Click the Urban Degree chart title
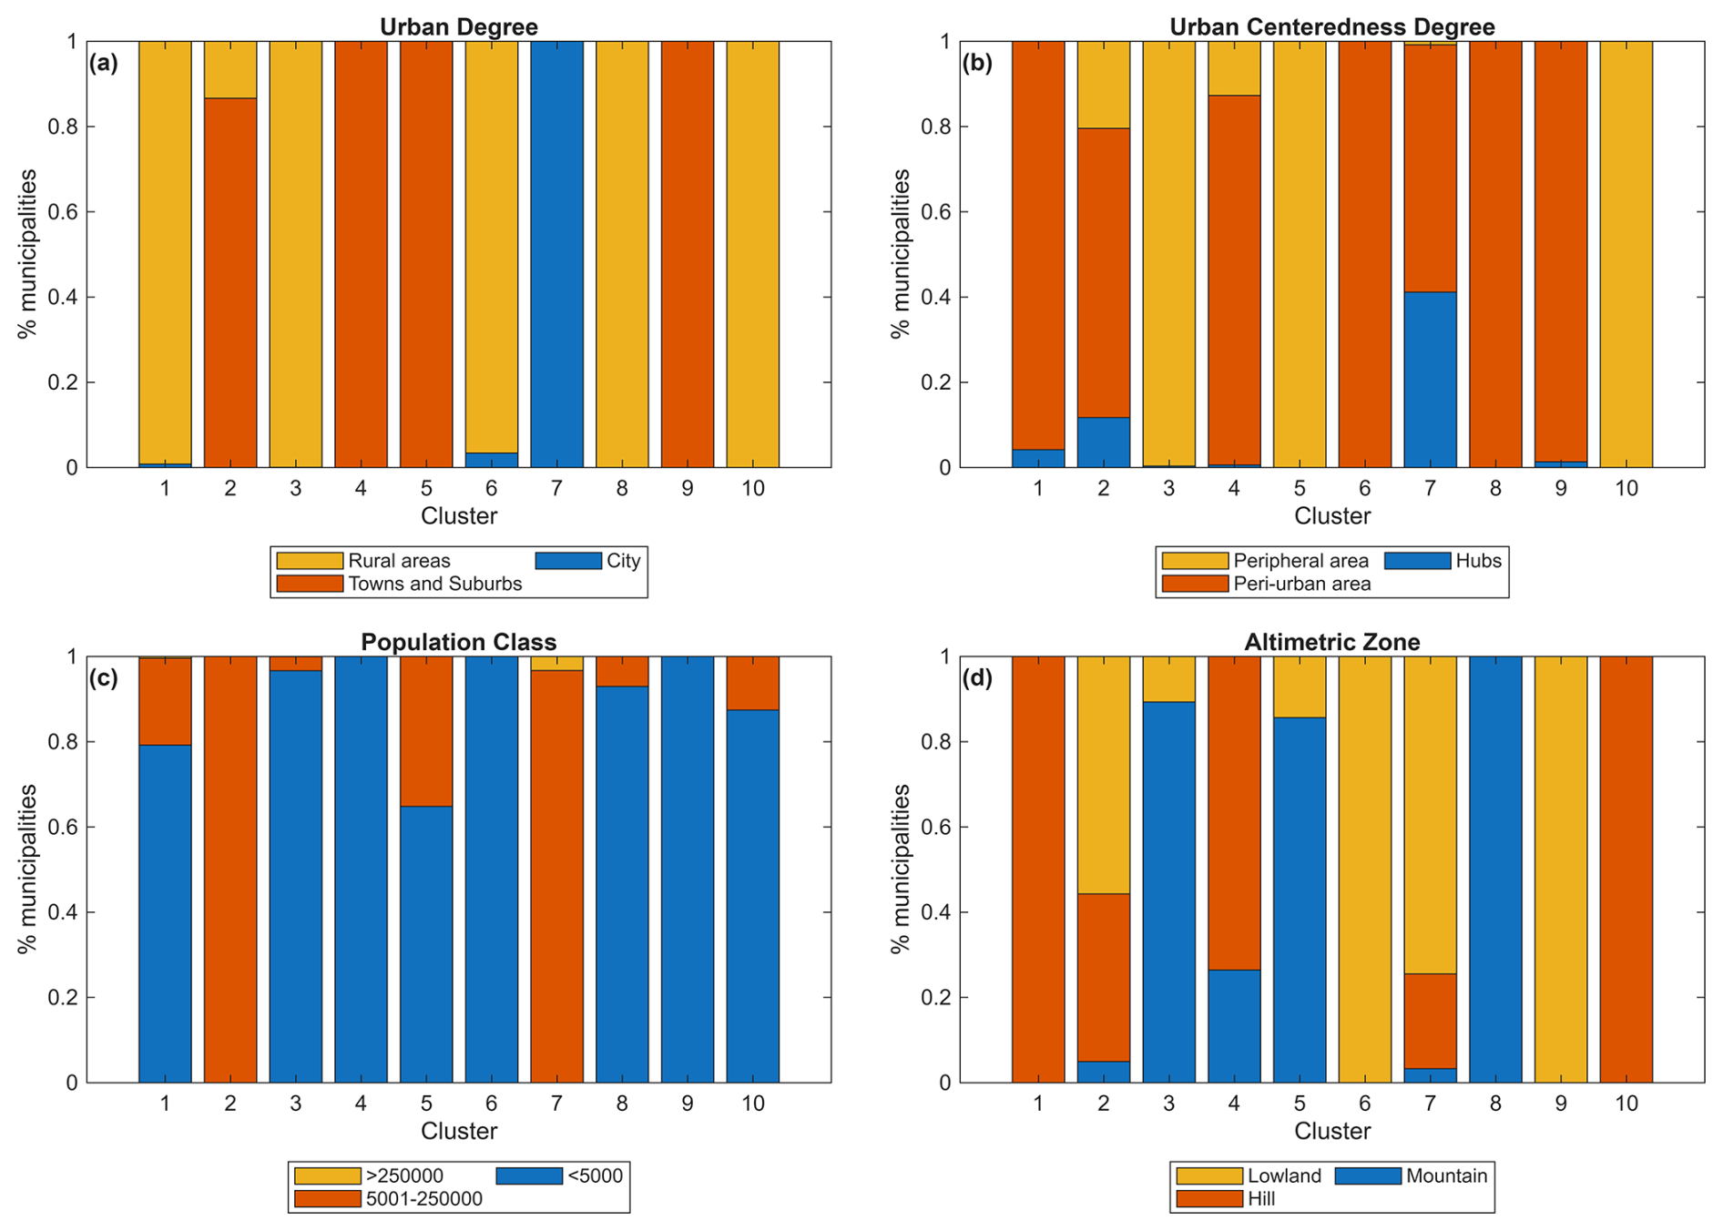[458, 26]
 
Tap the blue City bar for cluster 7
[556, 255]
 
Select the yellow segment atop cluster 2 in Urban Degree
[229, 69]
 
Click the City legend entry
[623, 561]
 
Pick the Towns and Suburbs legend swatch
[309, 584]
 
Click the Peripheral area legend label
[1300, 561]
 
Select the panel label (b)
[977, 63]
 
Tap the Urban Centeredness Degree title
[1331, 26]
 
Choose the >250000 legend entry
[404, 1175]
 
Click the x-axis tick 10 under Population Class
[752, 1104]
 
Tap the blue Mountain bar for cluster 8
[1495, 870]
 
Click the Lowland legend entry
[1284, 1175]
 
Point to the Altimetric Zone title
[1331, 642]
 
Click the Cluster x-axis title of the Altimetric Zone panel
[1331, 1131]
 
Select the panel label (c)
[103, 678]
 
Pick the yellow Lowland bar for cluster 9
[1560, 870]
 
